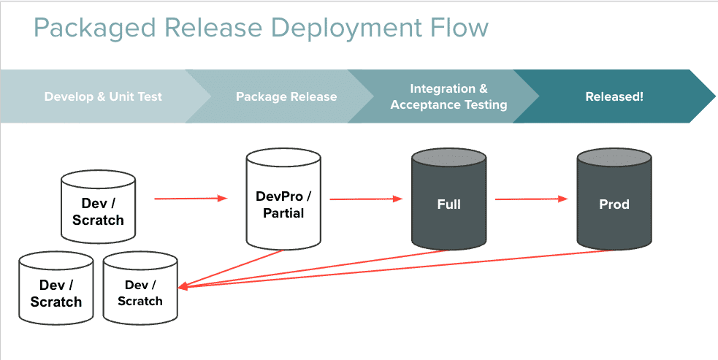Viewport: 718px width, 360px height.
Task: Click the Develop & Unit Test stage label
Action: point(103,96)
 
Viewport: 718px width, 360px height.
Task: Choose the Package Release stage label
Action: point(286,96)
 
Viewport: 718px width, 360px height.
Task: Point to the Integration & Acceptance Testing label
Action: point(448,96)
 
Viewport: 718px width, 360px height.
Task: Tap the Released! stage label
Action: point(614,96)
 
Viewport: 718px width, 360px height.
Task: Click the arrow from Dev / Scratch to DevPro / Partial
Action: point(191,198)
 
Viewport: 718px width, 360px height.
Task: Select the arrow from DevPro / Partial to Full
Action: point(365,199)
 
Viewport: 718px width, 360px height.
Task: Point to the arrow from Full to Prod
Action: point(531,199)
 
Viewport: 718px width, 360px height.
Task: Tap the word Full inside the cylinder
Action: point(448,204)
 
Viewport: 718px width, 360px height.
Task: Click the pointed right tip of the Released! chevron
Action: point(714,96)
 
